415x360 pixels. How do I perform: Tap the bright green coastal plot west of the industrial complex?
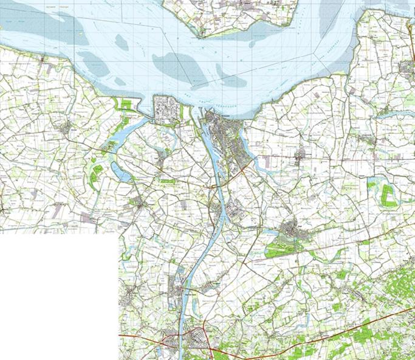126,105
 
